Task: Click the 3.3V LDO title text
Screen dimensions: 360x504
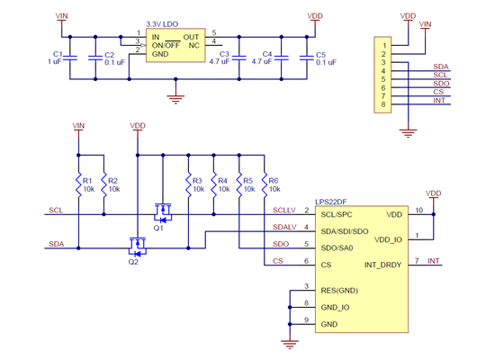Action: point(163,27)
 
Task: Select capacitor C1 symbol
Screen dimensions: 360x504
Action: point(71,58)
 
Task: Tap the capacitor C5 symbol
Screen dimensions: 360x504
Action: point(306,58)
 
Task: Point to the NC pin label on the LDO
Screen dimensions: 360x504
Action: point(193,45)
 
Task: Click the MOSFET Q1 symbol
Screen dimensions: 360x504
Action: point(163,213)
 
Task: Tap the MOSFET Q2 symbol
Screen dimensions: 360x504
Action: point(138,245)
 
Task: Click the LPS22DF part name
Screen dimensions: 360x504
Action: point(332,203)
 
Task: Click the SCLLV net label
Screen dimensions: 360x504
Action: point(283,210)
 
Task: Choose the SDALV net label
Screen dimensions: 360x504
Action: point(283,227)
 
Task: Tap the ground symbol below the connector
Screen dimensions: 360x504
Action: point(409,132)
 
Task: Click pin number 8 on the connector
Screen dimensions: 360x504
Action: point(383,105)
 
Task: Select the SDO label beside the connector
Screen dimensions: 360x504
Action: point(440,83)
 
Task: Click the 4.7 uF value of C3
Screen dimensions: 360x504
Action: point(220,62)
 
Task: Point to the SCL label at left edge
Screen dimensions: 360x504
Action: point(56,210)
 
